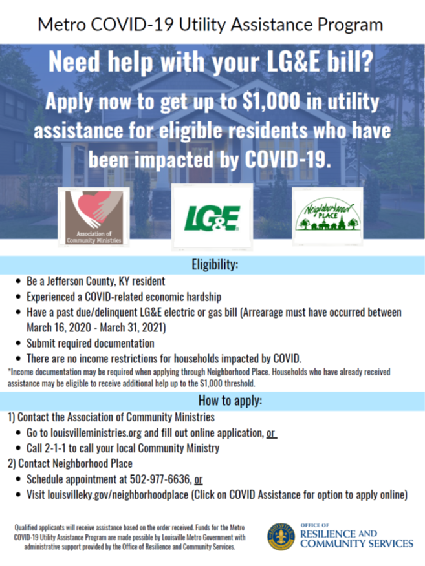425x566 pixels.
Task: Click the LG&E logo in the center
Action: coord(212,218)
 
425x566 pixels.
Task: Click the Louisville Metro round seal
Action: coord(281,536)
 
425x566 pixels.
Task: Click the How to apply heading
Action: coord(212,401)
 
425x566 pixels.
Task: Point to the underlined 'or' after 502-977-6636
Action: coord(199,480)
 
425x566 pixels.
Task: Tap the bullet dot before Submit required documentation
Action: coord(17,343)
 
